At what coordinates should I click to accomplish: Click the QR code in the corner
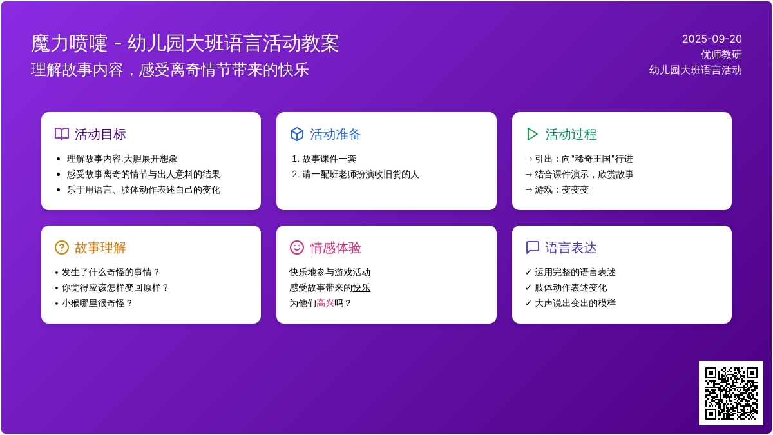[x=731, y=393]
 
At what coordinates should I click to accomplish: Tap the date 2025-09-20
[x=712, y=39]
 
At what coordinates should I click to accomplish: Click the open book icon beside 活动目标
[x=62, y=134]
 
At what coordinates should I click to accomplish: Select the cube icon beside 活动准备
[x=297, y=134]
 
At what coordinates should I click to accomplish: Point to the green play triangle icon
[x=532, y=134]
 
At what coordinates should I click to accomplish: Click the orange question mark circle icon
[x=62, y=247]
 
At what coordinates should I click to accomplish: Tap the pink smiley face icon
[x=297, y=247]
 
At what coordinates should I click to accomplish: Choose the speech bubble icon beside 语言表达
[x=533, y=247]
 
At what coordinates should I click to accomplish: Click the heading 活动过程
[x=571, y=134]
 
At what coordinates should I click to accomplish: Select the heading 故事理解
[x=100, y=248]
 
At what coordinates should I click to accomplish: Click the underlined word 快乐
[x=361, y=287]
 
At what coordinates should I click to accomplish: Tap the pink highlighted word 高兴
[x=325, y=303]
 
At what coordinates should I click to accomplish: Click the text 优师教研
[x=721, y=55]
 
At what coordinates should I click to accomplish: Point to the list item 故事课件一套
[x=329, y=159]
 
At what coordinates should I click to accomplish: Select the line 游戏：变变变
[x=562, y=190]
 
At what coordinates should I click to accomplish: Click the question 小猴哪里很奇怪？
[x=97, y=303]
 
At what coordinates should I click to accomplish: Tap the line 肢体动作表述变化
[x=571, y=287]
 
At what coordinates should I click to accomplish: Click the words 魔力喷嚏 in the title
[x=70, y=44]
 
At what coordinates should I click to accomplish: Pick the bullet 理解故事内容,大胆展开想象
[x=122, y=159]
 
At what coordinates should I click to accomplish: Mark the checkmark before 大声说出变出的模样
[x=528, y=303]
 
